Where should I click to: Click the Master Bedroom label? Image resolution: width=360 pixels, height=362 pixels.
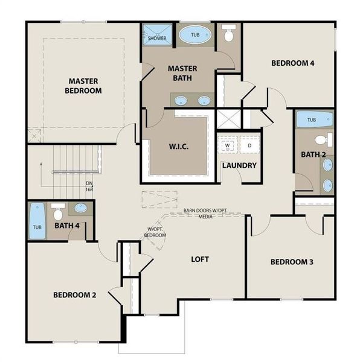(x=84, y=86)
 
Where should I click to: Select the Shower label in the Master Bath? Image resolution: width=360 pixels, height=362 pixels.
(x=157, y=38)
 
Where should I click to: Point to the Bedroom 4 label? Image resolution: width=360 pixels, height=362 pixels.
(x=292, y=63)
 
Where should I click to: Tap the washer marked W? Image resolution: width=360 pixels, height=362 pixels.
(x=228, y=145)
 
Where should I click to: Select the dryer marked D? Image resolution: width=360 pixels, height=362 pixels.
(x=248, y=145)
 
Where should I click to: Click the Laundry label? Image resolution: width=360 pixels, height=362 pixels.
(x=239, y=165)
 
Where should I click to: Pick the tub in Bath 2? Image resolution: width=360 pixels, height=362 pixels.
(x=312, y=119)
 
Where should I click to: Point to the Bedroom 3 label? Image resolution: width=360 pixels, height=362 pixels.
(x=291, y=262)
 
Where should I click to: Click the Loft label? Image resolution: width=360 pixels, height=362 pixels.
(x=200, y=259)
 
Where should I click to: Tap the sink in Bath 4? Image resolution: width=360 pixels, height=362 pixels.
(x=81, y=209)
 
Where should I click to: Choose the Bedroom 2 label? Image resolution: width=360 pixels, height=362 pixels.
(x=75, y=295)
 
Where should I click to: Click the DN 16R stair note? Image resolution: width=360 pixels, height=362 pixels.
(x=89, y=185)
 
